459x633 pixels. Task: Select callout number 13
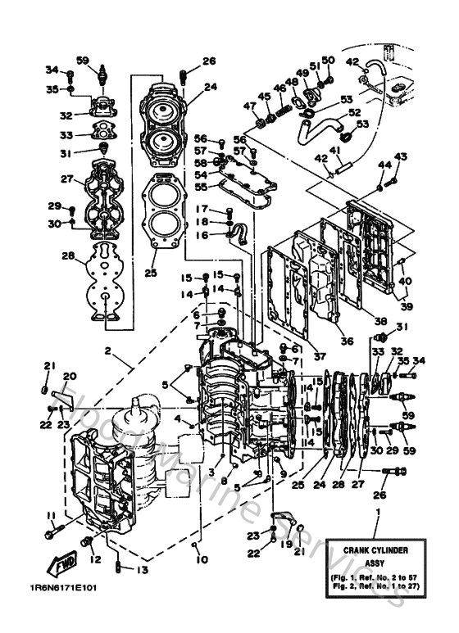coord(144,571)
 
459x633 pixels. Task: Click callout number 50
coord(328,60)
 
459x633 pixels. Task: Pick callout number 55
coord(200,187)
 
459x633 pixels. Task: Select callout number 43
coord(401,156)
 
